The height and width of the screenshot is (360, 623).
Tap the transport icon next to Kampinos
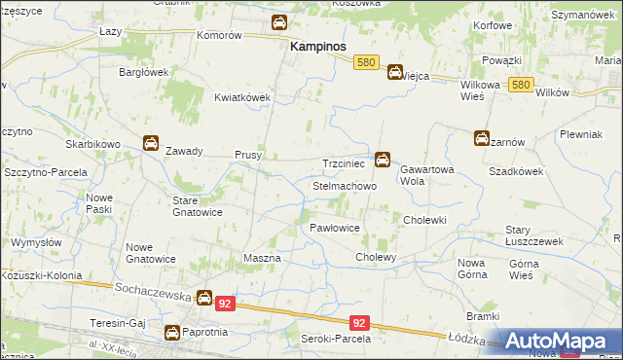[x=279, y=22]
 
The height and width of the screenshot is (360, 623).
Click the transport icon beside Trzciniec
[x=384, y=158]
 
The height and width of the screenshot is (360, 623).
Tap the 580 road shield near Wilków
[x=521, y=85]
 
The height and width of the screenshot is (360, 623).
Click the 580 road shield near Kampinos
[x=366, y=60]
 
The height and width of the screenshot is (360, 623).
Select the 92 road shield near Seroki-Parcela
[x=360, y=322]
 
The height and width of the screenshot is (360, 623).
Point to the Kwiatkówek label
[x=241, y=97]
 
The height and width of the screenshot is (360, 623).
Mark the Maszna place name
[x=262, y=259]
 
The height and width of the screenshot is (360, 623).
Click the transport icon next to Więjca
[x=395, y=71]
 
